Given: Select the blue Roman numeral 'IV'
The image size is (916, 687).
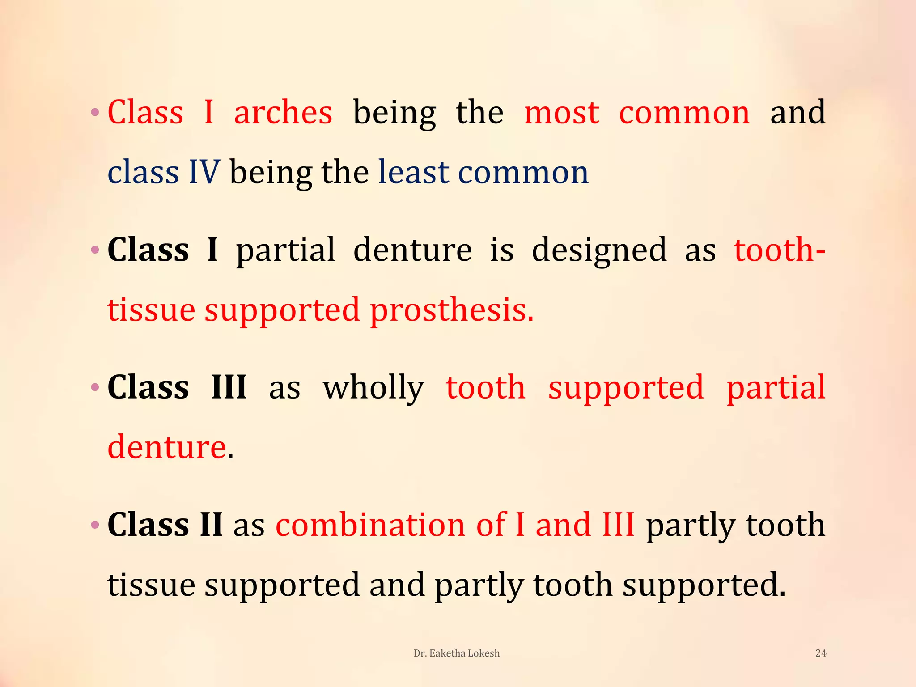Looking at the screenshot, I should click(x=204, y=172).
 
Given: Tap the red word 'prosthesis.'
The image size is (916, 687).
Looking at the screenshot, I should click(x=452, y=310).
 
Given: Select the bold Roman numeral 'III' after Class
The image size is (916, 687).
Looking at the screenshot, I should click(x=229, y=387).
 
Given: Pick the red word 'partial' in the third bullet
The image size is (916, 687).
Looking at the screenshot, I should click(x=776, y=387).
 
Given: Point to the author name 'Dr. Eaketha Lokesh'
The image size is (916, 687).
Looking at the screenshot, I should click(x=456, y=653).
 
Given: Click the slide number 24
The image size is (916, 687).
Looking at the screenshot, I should click(x=821, y=653).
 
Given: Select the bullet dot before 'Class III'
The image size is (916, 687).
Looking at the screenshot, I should click(x=95, y=387).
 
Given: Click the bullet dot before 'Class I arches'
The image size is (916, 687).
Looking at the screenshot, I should click(x=95, y=112).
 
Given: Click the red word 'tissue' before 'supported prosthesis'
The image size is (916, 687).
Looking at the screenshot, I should click(x=151, y=310).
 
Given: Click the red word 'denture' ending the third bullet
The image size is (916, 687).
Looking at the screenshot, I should click(x=167, y=447).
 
